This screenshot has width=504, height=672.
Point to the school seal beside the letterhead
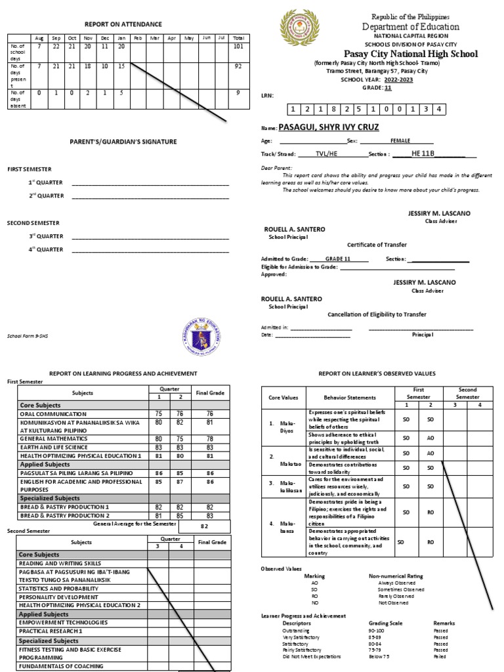click(x=299, y=28)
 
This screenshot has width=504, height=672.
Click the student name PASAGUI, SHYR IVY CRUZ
click(x=329, y=127)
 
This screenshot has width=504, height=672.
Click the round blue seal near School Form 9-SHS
click(x=201, y=337)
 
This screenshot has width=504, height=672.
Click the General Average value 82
click(x=204, y=526)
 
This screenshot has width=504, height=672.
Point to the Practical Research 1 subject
click(x=51, y=631)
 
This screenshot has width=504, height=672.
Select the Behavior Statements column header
click(x=350, y=398)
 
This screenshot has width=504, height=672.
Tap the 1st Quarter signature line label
click(x=46, y=182)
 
